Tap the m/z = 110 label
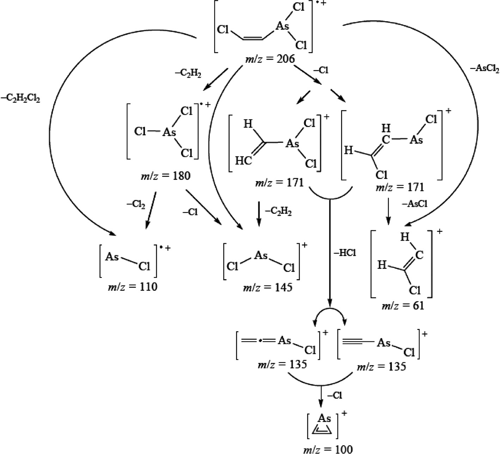coord(133,287)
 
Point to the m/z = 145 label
coord(267,287)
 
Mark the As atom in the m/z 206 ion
coord(282,27)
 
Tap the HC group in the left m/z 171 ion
coord(243,161)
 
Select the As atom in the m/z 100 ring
coord(324,418)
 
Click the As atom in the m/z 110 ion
coord(112,257)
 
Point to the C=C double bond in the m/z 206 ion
coord(252,38)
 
